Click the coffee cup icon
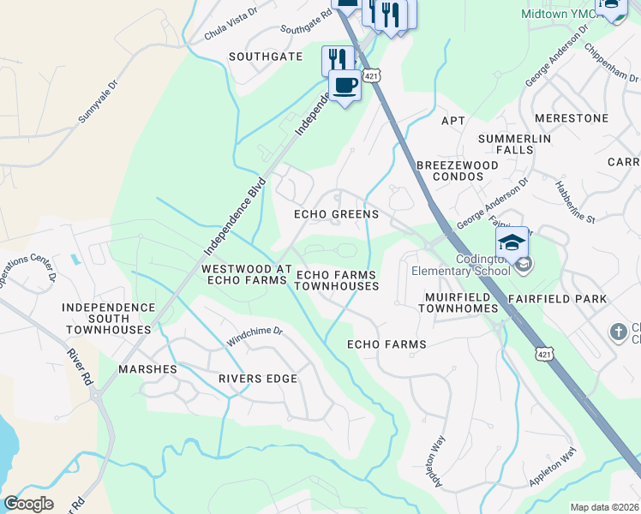tap(344, 86)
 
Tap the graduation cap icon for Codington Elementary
tap(512, 242)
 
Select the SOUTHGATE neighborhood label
tap(266, 57)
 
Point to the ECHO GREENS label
tap(336, 214)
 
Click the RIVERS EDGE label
tap(257, 379)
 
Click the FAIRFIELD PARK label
tap(557, 299)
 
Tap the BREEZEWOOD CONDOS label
tap(457, 170)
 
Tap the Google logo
tap(28, 504)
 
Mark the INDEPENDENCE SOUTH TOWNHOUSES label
tap(106, 318)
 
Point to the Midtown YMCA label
tap(560, 14)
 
